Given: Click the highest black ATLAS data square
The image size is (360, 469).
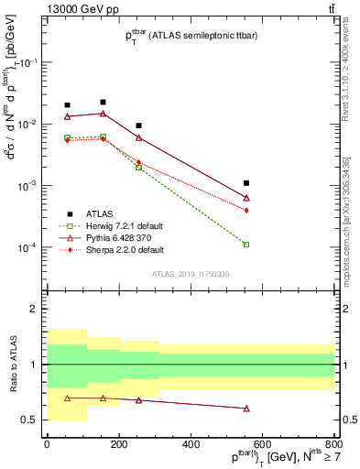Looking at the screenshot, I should pyautogui.click(x=103, y=103).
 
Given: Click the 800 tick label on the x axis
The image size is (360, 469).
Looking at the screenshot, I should pyautogui.click(x=334, y=444).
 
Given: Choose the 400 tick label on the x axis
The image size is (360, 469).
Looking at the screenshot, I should pyautogui.click(x=191, y=444).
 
